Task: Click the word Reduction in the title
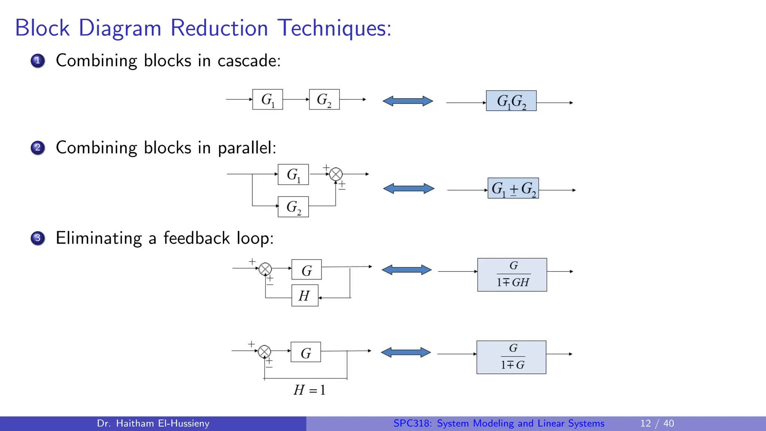point(219,28)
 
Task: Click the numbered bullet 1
point(38,61)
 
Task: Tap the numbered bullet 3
point(38,238)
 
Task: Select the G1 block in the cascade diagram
point(267,100)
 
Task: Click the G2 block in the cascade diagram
point(324,100)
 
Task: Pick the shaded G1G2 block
point(511,101)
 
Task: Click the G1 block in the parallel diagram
point(293,174)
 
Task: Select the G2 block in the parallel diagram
point(293,207)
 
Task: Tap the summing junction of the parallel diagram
point(336,174)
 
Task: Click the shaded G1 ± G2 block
point(513,188)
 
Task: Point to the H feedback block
point(305,296)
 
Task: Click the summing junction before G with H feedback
point(265,269)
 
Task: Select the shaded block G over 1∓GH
point(512,275)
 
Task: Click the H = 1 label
point(309,390)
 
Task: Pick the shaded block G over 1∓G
point(511,357)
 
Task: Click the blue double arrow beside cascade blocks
point(408,101)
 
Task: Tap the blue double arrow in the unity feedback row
point(406,352)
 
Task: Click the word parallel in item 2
point(246,148)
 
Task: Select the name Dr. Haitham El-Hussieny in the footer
point(153,424)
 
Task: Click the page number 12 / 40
point(657,424)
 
